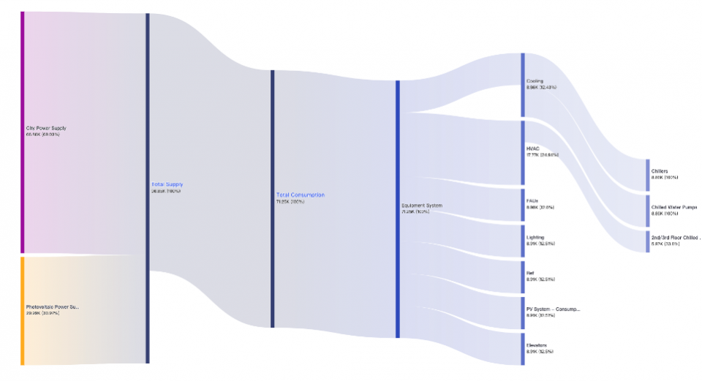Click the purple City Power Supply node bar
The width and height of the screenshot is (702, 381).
click(23, 132)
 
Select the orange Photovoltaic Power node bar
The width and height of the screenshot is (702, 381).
click(23, 310)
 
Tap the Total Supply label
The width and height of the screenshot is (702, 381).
click(167, 184)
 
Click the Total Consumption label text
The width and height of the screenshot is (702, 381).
click(300, 195)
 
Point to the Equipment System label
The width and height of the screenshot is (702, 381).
click(422, 205)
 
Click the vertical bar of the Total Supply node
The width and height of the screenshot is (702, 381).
click(148, 188)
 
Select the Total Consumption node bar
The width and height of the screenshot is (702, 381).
click(273, 198)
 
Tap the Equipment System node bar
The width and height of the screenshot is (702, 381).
click(398, 208)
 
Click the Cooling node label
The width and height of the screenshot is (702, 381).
click(535, 81)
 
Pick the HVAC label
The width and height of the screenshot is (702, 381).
click(533, 148)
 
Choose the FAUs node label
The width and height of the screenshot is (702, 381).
click(532, 201)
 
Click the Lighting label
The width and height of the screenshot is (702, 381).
click(535, 238)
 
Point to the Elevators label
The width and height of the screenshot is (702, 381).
click(537, 345)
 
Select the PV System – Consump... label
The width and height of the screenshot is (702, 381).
click(553, 309)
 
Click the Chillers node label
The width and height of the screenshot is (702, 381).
click(660, 171)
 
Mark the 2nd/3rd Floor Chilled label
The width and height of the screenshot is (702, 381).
click(674, 238)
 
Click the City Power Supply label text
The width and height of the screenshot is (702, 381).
click(46, 129)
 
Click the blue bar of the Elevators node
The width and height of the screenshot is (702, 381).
click(523, 348)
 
